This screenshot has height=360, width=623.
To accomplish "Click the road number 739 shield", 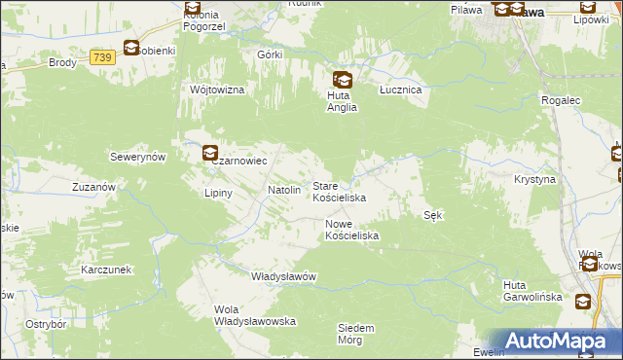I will click(x=102, y=58).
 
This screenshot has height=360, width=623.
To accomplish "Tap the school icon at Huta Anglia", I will click(x=342, y=80).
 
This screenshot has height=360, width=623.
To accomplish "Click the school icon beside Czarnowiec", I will click(x=210, y=153).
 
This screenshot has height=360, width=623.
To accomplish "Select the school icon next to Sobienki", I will click(x=131, y=48).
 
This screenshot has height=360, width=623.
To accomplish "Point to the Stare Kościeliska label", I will click(x=339, y=191).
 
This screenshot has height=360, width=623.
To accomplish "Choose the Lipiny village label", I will click(x=218, y=193).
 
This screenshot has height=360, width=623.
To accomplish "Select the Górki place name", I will click(x=270, y=55).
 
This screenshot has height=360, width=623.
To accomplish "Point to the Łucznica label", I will click(x=399, y=89).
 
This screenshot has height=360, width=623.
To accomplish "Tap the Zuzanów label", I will click(x=94, y=185).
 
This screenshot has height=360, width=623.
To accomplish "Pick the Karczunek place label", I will click(x=108, y=268).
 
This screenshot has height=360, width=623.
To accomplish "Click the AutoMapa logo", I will click(x=554, y=341).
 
